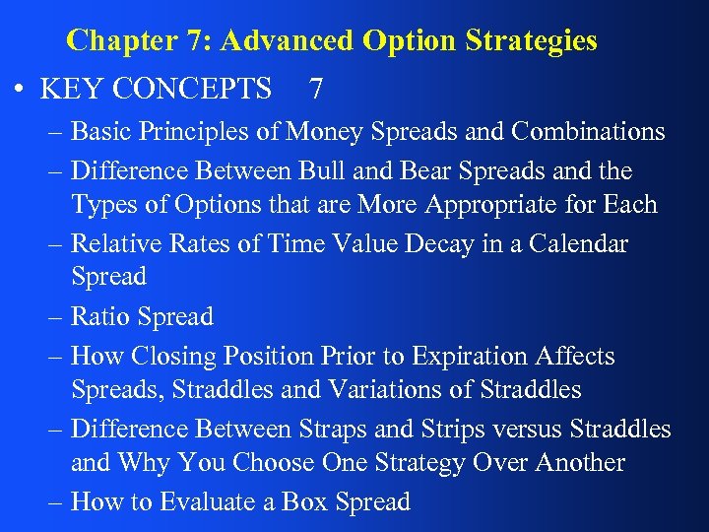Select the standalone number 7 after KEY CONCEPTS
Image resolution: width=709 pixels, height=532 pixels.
pyautogui.click(x=315, y=90)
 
